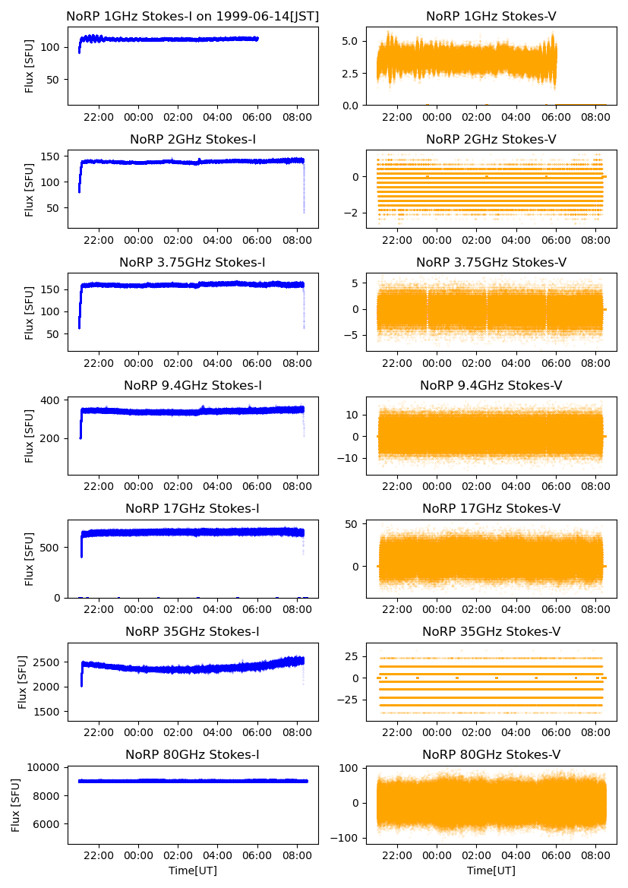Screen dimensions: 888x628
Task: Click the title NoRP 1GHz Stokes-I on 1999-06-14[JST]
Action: click(193, 16)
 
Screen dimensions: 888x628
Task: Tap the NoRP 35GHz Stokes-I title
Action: click(193, 631)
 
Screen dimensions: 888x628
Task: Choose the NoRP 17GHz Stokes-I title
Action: click(193, 508)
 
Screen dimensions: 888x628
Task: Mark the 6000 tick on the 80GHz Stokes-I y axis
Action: click(48, 824)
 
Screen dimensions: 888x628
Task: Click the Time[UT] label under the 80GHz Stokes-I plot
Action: click(193, 871)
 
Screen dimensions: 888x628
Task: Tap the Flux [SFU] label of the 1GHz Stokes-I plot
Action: click(30, 67)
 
